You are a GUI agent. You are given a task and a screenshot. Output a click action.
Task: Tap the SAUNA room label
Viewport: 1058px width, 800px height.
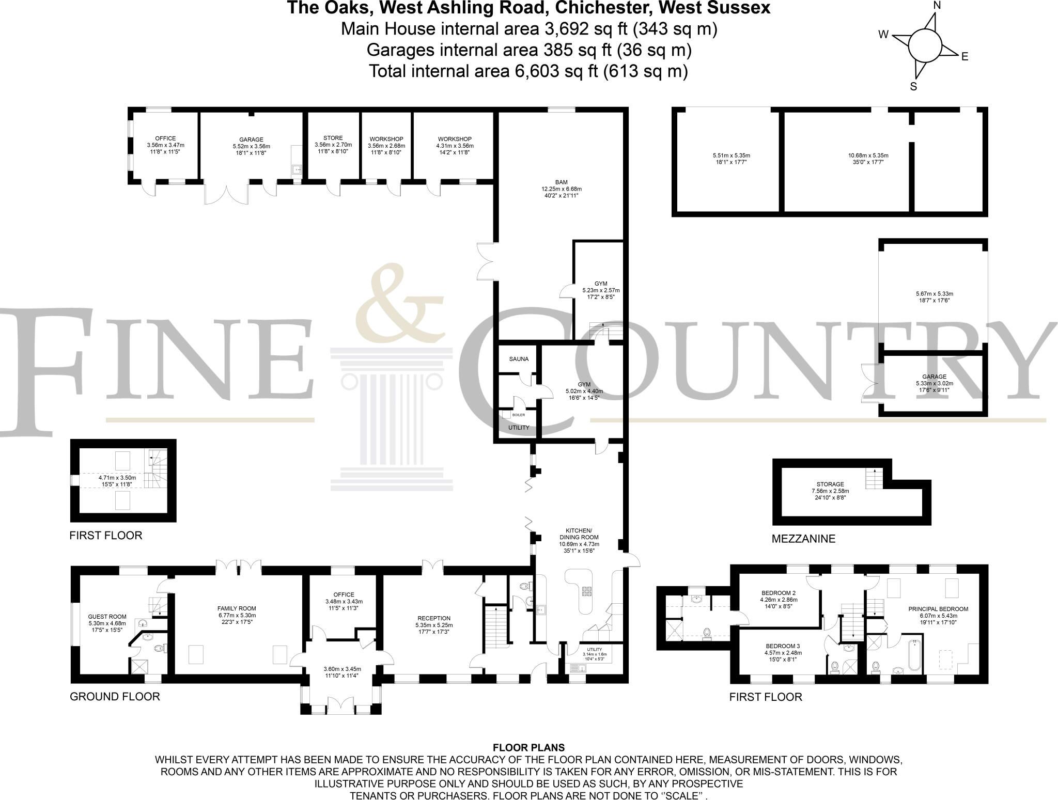click(x=519, y=359)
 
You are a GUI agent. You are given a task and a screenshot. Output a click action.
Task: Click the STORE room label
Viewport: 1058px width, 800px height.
click(x=333, y=138)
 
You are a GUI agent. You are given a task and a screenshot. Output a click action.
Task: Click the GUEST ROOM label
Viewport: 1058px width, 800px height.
click(x=107, y=617)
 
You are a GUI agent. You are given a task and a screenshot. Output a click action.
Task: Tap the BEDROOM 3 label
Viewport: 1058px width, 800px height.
click(x=783, y=646)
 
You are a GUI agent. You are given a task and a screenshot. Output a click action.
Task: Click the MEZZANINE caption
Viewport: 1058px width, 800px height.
click(x=803, y=539)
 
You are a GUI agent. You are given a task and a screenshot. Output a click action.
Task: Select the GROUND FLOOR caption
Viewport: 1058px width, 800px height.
click(x=115, y=696)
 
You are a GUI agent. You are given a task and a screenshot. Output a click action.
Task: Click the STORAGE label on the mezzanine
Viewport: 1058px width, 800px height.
click(x=830, y=484)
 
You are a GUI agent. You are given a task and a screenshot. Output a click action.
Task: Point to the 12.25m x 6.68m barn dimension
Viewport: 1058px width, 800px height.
click(x=561, y=189)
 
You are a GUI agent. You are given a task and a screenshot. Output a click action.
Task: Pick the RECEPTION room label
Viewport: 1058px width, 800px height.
click(x=434, y=618)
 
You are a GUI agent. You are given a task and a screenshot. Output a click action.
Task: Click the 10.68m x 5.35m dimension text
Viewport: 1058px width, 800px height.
click(x=868, y=155)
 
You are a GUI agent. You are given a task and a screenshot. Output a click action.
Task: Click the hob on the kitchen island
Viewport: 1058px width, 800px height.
click(x=587, y=592)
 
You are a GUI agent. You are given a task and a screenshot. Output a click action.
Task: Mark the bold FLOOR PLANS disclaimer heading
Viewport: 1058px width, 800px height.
click(x=528, y=748)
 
